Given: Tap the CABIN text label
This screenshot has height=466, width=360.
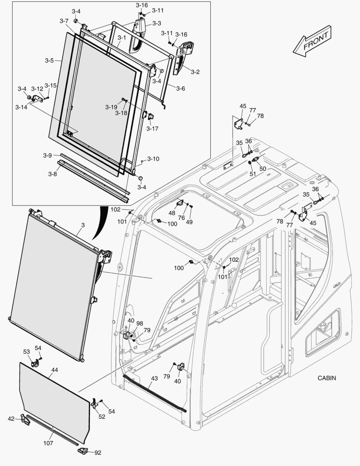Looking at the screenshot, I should (x=326, y=378).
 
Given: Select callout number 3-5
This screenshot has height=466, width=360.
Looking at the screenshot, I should (x=49, y=61).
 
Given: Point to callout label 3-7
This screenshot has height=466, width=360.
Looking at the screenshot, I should (x=64, y=21).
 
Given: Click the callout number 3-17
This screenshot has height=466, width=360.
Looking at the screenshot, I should (x=152, y=129).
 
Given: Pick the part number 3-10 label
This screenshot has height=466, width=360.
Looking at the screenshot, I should (x=153, y=159).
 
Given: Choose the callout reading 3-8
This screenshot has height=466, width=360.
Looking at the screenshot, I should (x=53, y=174).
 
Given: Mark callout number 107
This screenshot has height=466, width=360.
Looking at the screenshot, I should (x=48, y=443).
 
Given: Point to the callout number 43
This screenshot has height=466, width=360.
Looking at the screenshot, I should (x=154, y=378).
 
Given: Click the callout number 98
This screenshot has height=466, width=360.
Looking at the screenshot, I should (x=140, y=323).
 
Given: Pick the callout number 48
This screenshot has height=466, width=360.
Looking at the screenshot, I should (x=172, y=213).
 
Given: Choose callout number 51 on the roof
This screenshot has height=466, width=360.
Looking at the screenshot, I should (x=253, y=174).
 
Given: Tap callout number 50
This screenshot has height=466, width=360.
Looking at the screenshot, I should (x=263, y=168).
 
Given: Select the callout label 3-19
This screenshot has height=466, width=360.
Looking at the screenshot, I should (x=111, y=107).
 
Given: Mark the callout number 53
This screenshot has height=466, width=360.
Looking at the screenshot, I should (x=27, y=352).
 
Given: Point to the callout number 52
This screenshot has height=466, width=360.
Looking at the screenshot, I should (x=102, y=416).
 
